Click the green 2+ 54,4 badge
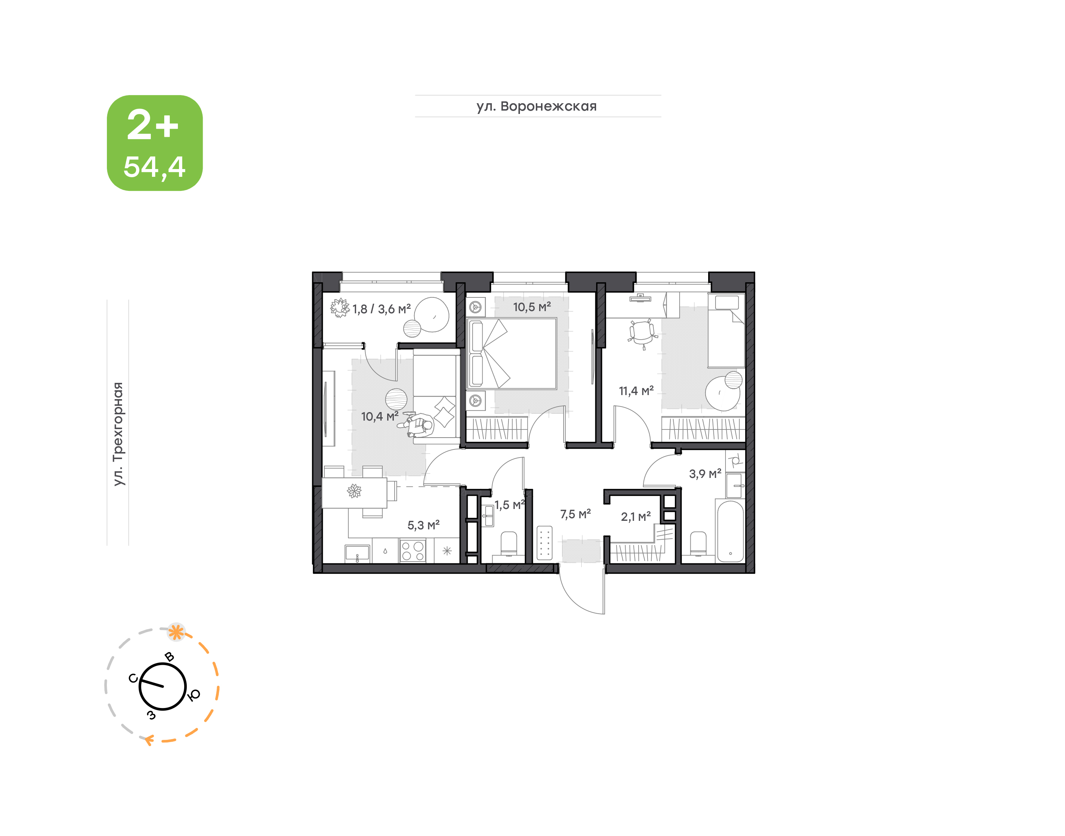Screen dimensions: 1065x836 click(155, 143)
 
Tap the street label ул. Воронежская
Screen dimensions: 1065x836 click(537, 106)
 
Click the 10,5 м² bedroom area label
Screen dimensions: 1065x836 click(532, 307)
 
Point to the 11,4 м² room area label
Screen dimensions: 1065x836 click(636, 391)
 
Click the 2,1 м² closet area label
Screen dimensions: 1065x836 click(635, 516)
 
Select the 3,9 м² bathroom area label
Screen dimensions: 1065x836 click(705, 473)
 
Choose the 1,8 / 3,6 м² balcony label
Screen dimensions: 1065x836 click(382, 309)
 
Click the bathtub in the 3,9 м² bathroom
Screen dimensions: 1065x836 click(730, 530)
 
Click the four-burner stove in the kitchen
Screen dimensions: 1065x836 click(412, 550)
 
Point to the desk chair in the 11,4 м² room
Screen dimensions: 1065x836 click(643, 334)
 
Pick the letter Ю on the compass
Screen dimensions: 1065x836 click(194, 695)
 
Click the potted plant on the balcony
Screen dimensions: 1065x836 click(339, 309)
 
